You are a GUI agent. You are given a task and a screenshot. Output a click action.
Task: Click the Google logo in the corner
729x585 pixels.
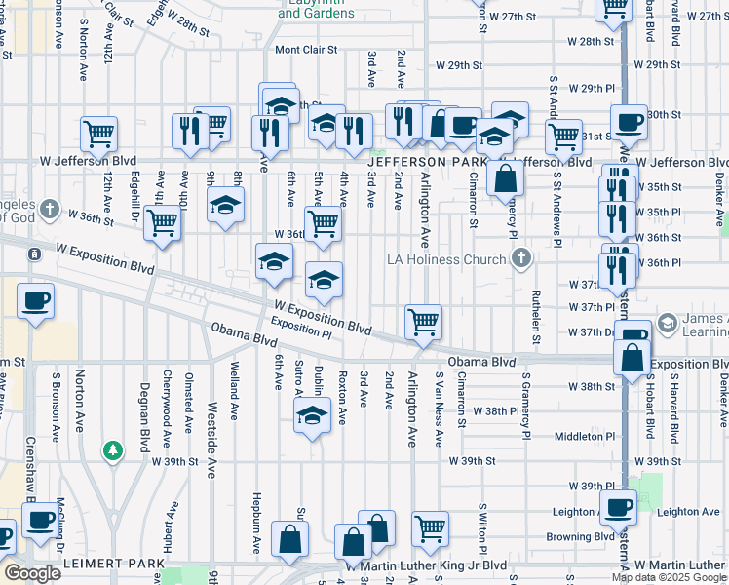[32, 572]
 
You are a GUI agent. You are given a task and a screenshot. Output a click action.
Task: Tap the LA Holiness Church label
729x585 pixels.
[446, 259]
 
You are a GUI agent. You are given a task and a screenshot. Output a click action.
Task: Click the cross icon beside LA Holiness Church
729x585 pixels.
[522, 259]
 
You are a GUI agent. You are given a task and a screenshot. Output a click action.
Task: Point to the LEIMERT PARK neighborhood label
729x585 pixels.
[113, 565]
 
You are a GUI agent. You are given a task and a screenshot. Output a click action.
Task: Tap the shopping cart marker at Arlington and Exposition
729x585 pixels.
[423, 322]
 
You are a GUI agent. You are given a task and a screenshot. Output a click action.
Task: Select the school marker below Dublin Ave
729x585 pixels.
[311, 416]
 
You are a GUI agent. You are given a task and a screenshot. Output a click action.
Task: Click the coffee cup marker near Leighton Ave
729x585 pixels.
[618, 508]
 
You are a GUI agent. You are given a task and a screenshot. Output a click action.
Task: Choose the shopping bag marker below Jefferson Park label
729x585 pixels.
[506, 179]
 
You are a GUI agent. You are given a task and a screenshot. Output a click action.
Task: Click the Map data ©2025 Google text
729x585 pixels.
[669, 577]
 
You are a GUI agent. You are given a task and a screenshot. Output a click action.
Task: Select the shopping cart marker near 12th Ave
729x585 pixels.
[97, 135]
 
